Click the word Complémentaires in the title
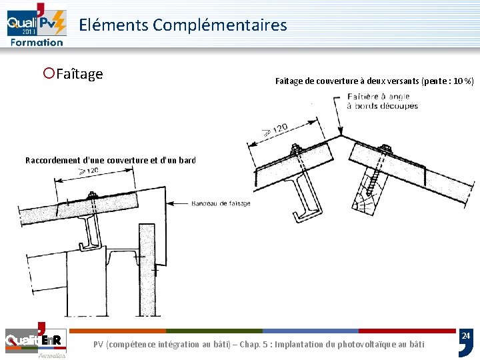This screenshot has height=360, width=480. (219, 25)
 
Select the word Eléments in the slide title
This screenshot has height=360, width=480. (113, 25)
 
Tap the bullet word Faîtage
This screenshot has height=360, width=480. (79, 73)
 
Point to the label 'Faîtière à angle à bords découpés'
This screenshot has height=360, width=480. (382, 101)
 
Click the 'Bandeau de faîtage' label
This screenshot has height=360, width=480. (221, 203)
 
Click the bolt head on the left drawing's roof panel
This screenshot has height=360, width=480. (93, 195)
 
